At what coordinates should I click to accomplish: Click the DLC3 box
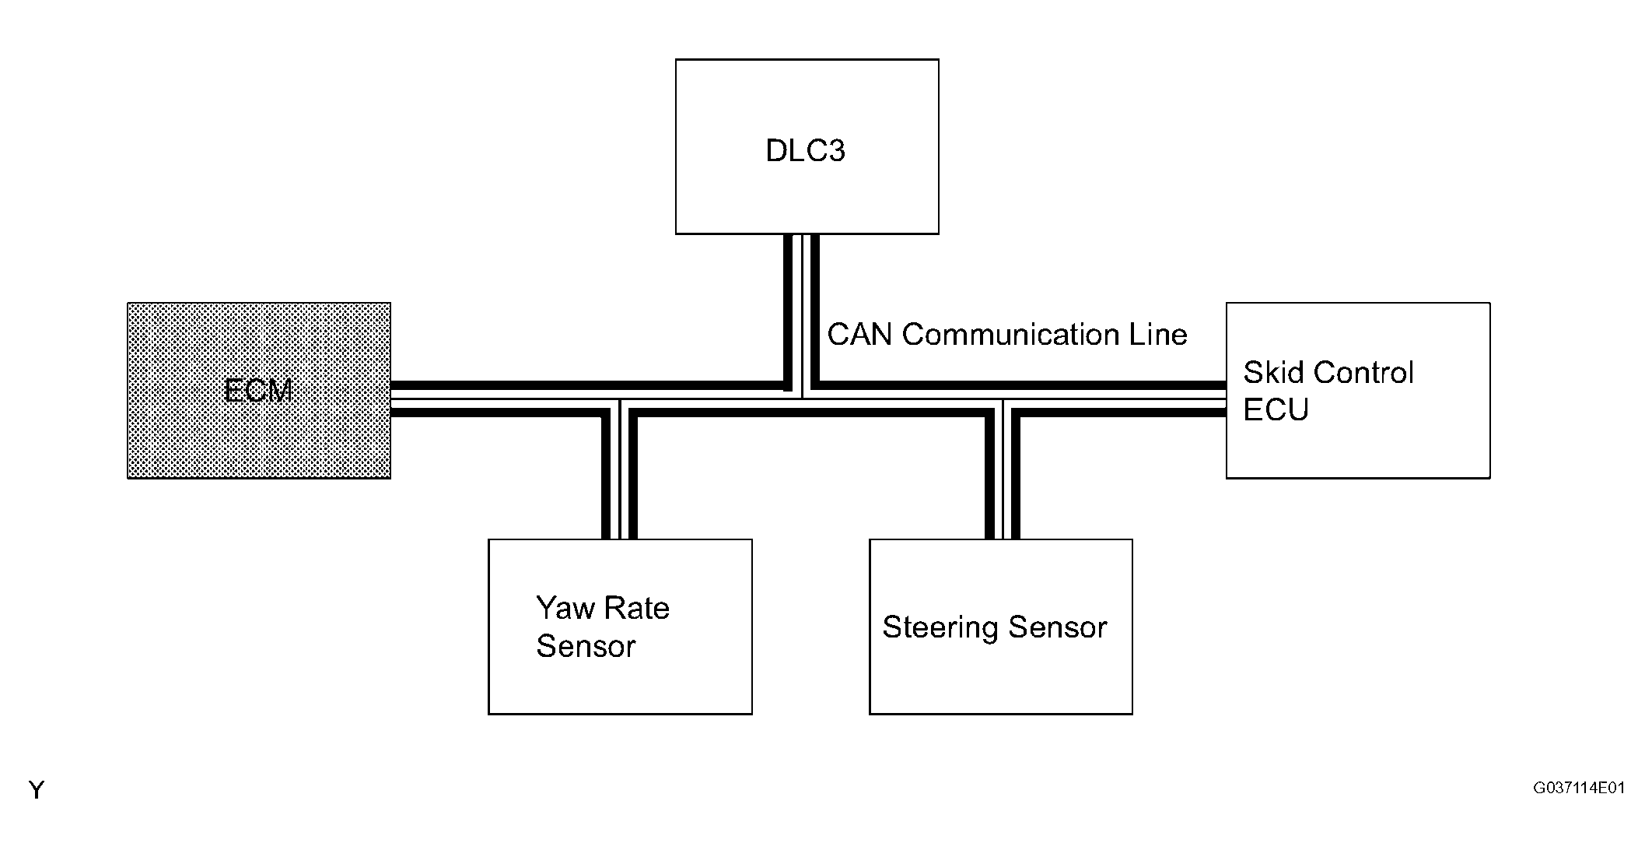pyautogui.click(x=807, y=146)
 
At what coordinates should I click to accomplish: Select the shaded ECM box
pyautogui.click(x=259, y=390)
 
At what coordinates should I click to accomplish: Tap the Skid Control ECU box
pyautogui.click(x=1358, y=390)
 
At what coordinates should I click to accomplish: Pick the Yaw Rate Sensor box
pyautogui.click(x=620, y=627)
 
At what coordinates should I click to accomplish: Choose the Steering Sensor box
pyautogui.click(x=1000, y=627)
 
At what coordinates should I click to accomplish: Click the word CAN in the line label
pyautogui.click(x=860, y=335)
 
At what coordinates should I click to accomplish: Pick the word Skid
pyautogui.click(x=1275, y=373)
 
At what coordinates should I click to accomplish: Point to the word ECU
pyautogui.click(x=1276, y=410)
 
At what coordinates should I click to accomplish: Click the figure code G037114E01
pyautogui.click(x=1579, y=789)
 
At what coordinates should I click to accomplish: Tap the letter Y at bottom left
pyautogui.click(x=37, y=790)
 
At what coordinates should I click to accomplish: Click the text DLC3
pyautogui.click(x=805, y=151)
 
